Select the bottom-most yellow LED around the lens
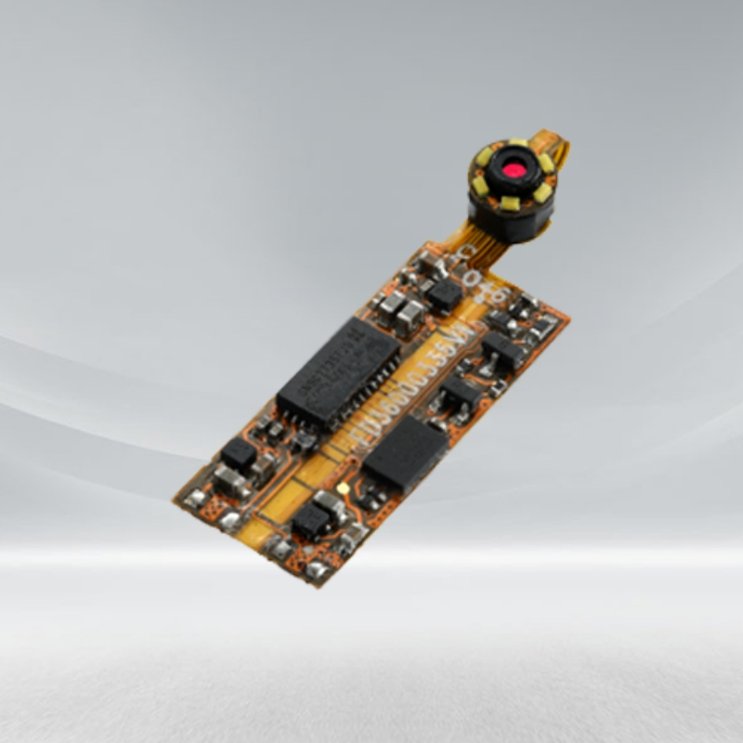(509, 202)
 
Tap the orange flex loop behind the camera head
(560, 149)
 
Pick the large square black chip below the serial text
(405, 454)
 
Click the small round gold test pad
(343, 487)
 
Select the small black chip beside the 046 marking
(445, 294)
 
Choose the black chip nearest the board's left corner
(239, 453)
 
